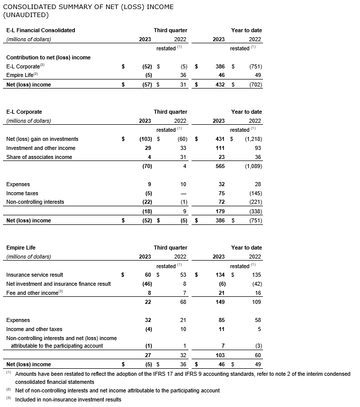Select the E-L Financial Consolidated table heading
pos(41,30)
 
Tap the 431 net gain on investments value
pos(219,139)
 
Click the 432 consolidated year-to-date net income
pos(219,85)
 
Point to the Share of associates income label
pos(39,157)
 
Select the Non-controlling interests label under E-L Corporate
pos(35,202)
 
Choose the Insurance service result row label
pos(35,275)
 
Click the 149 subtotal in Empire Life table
pos(219,302)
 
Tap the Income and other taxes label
pos(34,329)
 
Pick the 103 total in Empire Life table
pos(219,355)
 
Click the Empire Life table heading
pos(21,248)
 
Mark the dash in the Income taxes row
pos(183,193)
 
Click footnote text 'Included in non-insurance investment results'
pos(68,399)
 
